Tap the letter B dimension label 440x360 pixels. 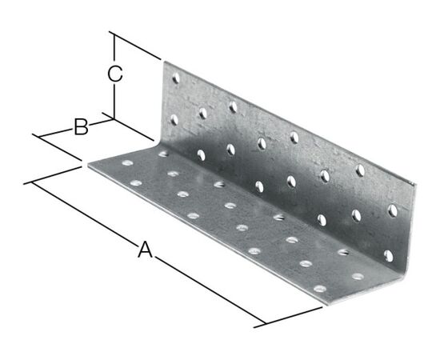(81, 127)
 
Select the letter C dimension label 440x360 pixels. (115, 74)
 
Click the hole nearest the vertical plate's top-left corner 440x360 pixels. (176, 78)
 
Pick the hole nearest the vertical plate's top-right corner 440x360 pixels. (393, 210)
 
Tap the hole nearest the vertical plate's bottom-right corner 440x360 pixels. (389, 256)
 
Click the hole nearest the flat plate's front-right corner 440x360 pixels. (320, 289)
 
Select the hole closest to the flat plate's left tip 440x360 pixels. (127, 162)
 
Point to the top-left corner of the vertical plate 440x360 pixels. (165, 62)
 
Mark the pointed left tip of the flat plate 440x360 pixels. (88, 166)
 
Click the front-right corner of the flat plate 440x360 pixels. (328, 305)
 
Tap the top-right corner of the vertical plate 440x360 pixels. (415, 185)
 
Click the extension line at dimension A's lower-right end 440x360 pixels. (288, 318)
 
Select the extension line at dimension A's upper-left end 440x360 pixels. (53, 176)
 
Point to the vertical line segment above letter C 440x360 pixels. (114, 47)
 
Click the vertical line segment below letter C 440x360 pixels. (114, 102)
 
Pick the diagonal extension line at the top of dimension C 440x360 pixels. (135, 46)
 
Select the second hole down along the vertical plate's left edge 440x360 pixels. (174, 120)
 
